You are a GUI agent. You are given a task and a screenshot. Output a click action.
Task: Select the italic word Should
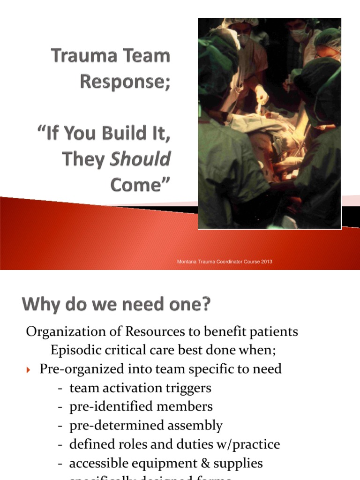pos(140,160)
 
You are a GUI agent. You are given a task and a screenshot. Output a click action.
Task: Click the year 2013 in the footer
pos(266,262)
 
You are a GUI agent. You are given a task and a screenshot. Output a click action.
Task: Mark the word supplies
pos(239,463)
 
